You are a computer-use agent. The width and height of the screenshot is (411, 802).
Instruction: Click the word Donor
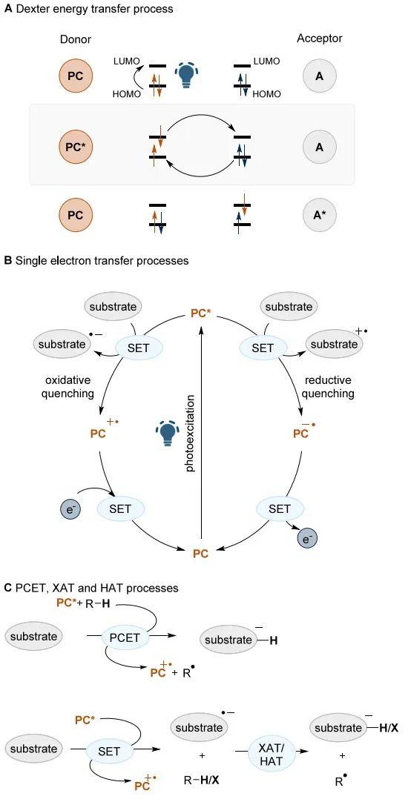pyautogui.click(x=75, y=39)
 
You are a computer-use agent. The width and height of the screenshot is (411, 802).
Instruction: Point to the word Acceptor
pyautogui.click(x=320, y=39)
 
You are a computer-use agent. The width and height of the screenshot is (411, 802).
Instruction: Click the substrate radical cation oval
pyautogui.click(x=334, y=344)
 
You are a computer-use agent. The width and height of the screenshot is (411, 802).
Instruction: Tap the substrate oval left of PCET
pyautogui.click(x=34, y=637)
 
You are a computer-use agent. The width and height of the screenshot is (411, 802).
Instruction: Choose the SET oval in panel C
pyautogui.click(x=110, y=752)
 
